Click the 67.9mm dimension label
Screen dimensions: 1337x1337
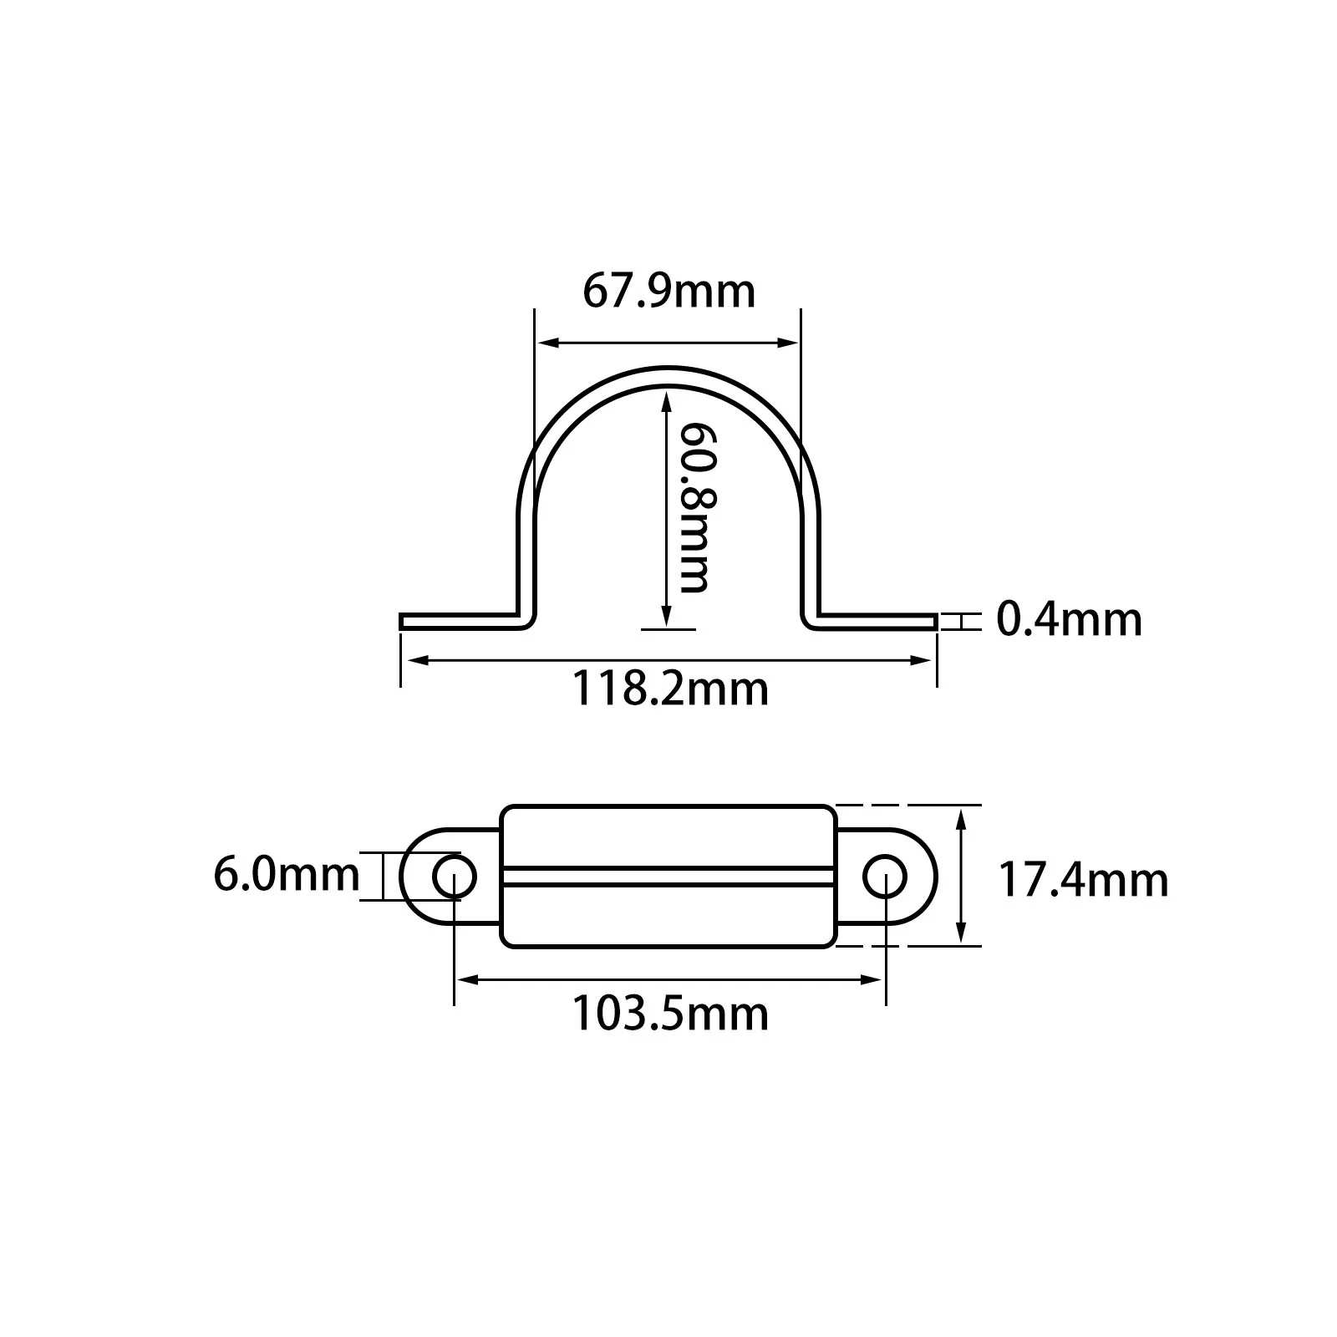click(668, 292)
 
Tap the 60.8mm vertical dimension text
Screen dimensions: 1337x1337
click(694, 506)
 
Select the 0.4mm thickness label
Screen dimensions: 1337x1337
click(1069, 620)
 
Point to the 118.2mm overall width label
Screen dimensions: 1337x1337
click(669, 689)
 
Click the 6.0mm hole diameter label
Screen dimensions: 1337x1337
click(287, 875)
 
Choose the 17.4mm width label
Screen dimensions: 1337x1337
click(1084, 881)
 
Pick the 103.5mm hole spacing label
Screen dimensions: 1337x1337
click(669, 1014)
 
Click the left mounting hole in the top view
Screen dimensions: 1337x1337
click(454, 877)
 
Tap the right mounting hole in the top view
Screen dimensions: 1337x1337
click(884, 877)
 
